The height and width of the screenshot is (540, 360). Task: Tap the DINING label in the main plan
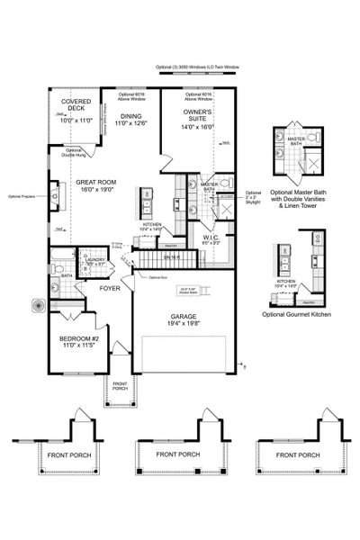click(x=131, y=116)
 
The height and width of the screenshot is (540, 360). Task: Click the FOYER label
click(x=110, y=290)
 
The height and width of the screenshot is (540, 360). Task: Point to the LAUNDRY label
click(x=97, y=259)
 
